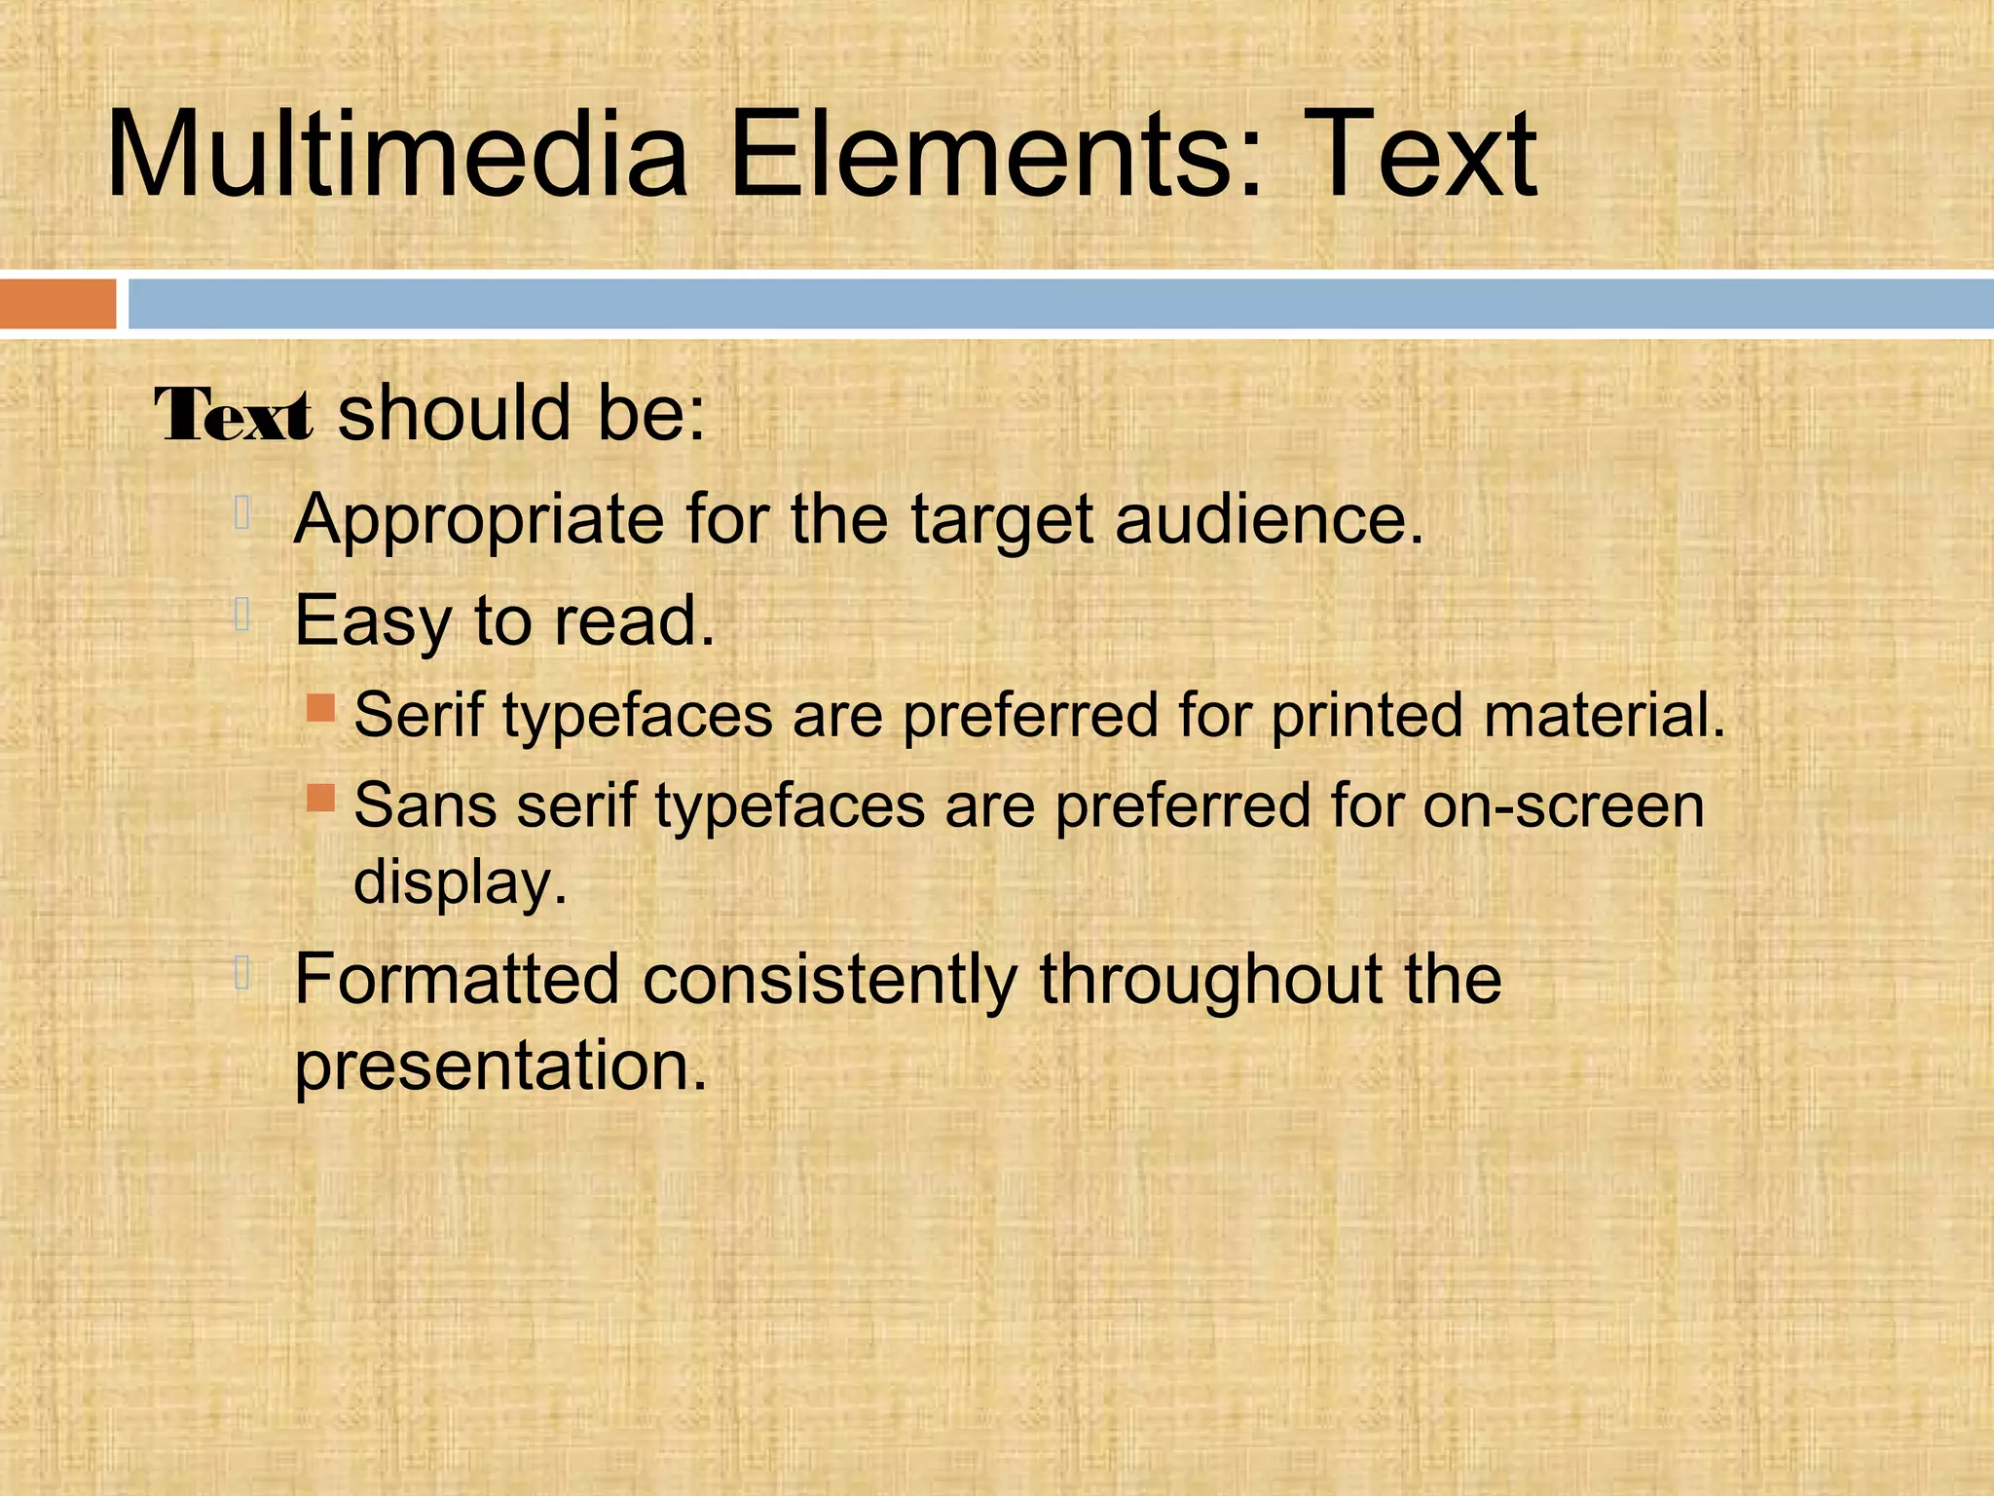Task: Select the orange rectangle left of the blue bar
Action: (x=57, y=303)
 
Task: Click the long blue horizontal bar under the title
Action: (x=1060, y=303)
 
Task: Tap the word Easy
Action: (x=373, y=622)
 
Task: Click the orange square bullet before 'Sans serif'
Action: (x=320, y=799)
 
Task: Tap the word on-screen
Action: (x=1563, y=806)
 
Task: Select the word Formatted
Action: (x=457, y=978)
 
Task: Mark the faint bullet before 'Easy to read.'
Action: (x=243, y=615)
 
